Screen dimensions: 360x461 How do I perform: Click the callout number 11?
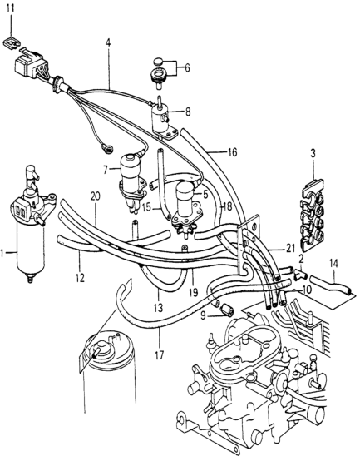(x=11, y=9)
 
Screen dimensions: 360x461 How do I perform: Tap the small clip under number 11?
(x=12, y=43)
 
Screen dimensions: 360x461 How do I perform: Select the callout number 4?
(x=108, y=43)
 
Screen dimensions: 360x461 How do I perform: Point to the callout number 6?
(x=187, y=68)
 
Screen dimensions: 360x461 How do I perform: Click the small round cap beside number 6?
(x=158, y=61)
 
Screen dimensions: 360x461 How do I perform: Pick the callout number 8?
(x=188, y=112)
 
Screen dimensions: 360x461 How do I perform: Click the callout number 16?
(x=232, y=152)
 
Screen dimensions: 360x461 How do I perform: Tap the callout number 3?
(x=313, y=153)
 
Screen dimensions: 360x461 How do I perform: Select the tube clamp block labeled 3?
(x=313, y=216)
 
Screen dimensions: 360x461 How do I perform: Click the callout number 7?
(x=106, y=170)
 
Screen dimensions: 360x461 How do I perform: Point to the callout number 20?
(x=95, y=196)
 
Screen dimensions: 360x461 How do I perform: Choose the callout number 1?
(x=2, y=253)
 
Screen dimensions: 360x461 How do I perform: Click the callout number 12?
(x=80, y=278)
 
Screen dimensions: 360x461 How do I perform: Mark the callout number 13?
(x=158, y=308)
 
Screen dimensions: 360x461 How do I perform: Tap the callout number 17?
(x=159, y=355)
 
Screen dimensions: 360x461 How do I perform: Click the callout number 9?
(x=204, y=317)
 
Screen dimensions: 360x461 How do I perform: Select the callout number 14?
(x=333, y=264)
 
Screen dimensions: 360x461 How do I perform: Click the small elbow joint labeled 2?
(x=300, y=275)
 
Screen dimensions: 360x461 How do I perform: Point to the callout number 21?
(x=290, y=249)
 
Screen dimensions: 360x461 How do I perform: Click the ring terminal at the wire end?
(x=106, y=147)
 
